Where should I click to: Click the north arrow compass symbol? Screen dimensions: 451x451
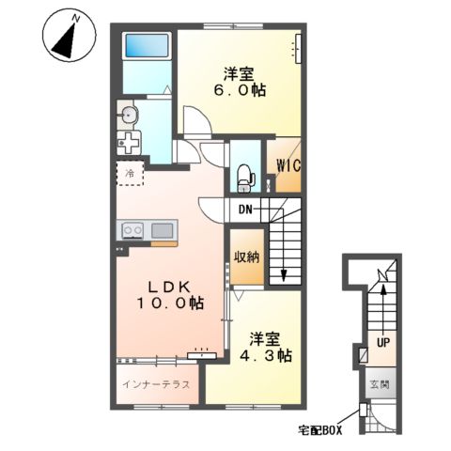[69, 35]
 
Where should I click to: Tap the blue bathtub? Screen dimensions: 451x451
[147, 46]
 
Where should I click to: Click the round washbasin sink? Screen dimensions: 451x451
[128, 115]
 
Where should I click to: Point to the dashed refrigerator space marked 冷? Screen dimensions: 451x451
[130, 173]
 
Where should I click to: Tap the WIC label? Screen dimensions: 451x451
[288, 165]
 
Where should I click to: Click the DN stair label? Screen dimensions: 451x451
[245, 210]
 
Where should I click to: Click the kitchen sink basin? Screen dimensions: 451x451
[162, 231]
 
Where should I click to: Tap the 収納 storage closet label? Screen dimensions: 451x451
[247, 257]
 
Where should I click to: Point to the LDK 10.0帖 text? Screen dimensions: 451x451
[169, 295]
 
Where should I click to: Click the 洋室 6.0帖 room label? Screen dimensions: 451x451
[239, 82]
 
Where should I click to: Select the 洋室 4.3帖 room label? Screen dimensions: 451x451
[266, 348]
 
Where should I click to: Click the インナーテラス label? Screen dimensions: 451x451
[156, 384]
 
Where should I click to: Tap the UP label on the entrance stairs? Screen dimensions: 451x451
[383, 343]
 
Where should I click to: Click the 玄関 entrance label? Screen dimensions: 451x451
[380, 384]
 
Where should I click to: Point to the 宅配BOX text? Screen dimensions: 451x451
[320, 431]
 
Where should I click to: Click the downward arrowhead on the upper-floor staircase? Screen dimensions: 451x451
[284, 275]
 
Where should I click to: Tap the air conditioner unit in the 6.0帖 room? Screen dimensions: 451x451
[298, 49]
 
